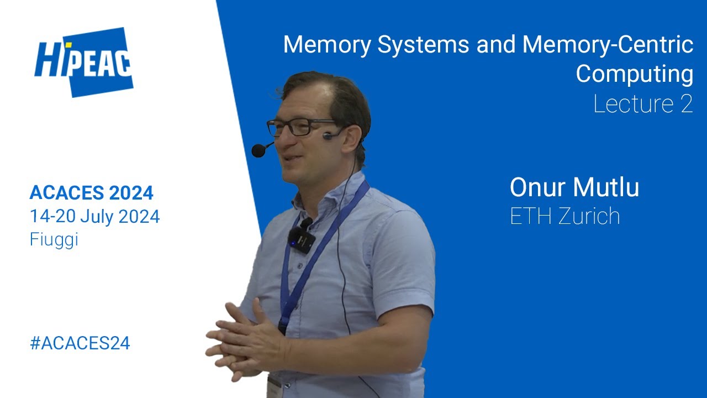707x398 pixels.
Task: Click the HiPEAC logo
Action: coord(84,62)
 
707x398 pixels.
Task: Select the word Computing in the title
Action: coord(634,74)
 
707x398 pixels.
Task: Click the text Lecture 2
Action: coord(643,104)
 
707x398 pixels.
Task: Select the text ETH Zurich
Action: coord(564,216)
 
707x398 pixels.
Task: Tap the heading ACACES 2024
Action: coord(91,193)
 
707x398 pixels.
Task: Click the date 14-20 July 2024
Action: coord(94,217)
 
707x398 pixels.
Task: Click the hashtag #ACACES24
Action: coord(80,343)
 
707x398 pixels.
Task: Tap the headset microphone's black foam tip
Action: coord(258,150)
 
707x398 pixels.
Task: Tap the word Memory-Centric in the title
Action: coord(608,45)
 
